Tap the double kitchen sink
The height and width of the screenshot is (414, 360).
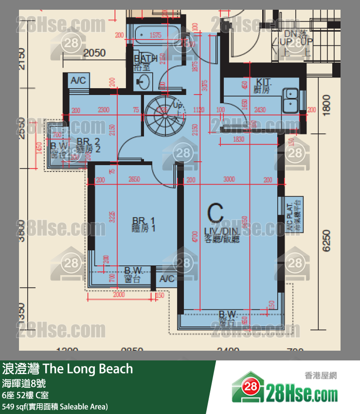[x=291, y=98]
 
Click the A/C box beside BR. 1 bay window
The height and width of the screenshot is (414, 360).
[x=167, y=279]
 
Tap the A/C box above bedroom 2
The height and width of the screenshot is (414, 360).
[x=78, y=80]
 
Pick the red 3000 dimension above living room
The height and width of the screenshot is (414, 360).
[x=229, y=179]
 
